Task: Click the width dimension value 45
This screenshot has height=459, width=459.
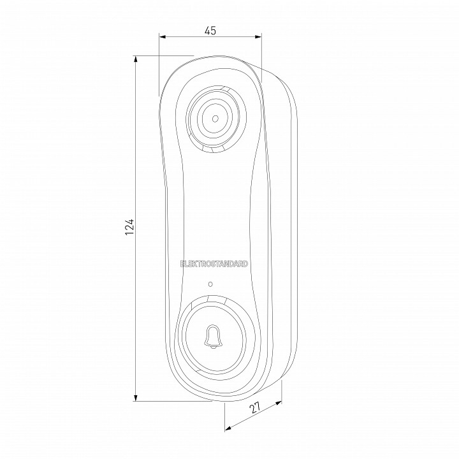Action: pos(210,31)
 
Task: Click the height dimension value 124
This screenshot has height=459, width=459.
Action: pos(129,226)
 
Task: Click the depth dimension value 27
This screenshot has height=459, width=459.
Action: pos(255,407)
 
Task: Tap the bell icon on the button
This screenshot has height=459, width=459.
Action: pos(213,337)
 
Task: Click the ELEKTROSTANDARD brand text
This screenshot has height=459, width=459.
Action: pos(214,264)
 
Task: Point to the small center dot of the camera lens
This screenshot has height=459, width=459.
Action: pos(215,119)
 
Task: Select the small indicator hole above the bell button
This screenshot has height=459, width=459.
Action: pos(210,284)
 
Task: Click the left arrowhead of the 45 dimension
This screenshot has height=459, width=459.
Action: pos(163,37)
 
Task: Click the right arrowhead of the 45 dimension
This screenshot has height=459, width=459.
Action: pos(258,37)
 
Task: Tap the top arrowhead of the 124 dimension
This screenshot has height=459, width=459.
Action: pos(136,59)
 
